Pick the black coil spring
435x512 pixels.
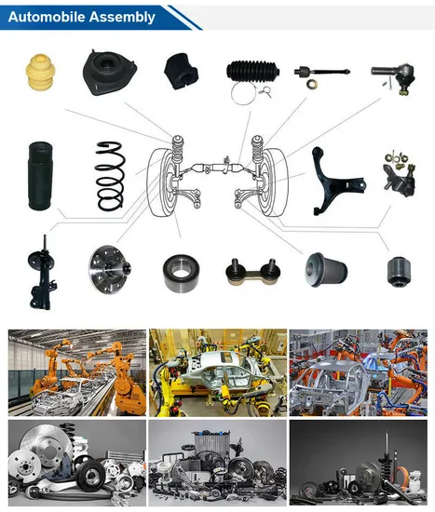[112, 174]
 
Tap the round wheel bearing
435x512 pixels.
[179, 270]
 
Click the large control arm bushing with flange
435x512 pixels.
[325, 270]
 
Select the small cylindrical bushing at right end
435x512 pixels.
[397, 271]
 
